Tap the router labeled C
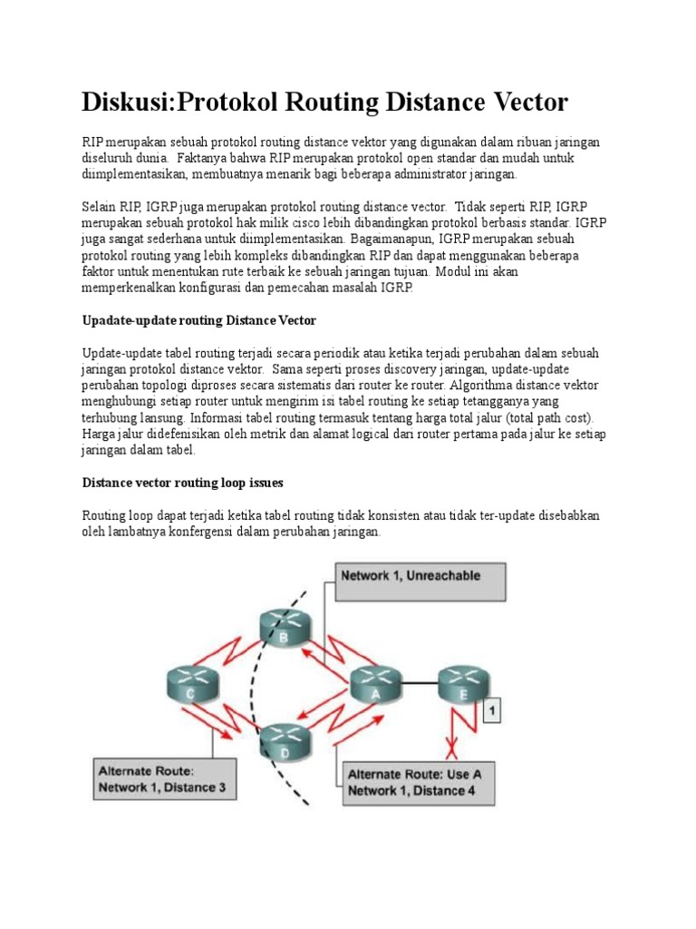point(192,682)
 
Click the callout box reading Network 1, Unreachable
point(420,581)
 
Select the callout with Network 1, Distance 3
point(160,778)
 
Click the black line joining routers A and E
point(419,682)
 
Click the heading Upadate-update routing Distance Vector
point(198,320)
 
